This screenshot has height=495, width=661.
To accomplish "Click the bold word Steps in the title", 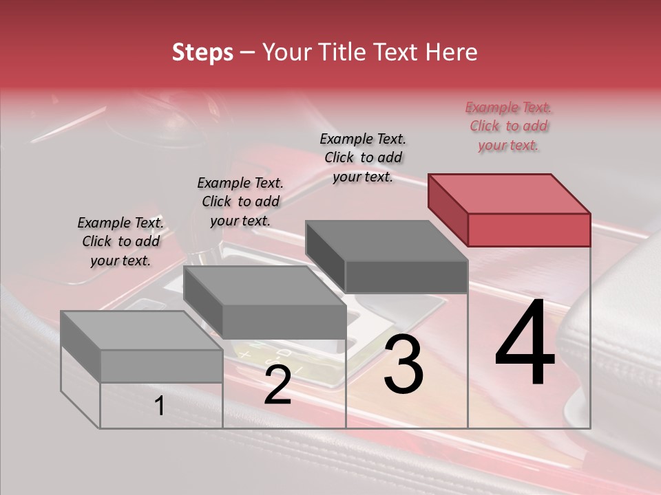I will pyautogui.click(x=202, y=52).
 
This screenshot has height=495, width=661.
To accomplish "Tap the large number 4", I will pyautogui.click(x=525, y=344).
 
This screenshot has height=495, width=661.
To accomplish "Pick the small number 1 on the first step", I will pyautogui.click(x=159, y=406).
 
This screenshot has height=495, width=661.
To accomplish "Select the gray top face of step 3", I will pyautogui.click(x=386, y=240).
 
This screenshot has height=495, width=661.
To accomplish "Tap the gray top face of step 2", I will pyautogui.click(x=264, y=285).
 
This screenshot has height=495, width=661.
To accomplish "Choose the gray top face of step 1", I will pyautogui.click(x=141, y=331).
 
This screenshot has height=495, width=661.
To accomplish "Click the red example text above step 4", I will pyautogui.click(x=508, y=126).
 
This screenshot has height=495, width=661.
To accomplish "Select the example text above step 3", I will pyautogui.click(x=363, y=157).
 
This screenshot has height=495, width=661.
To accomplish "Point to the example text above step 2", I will pyautogui.click(x=240, y=201).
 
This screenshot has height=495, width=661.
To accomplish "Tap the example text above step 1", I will pyautogui.click(x=120, y=241).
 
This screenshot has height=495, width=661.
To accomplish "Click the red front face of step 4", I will pyautogui.click(x=529, y=230).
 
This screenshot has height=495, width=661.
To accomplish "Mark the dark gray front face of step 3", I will pyautogui.click(x=406, y=276).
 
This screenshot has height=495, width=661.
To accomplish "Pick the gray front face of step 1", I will pyautogui.click(x=161, y=366).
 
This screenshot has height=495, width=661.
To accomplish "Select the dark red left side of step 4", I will pyautogui.click(x=448, y=209).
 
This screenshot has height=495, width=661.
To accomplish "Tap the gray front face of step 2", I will pyautogui.click(x=284, y=322).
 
